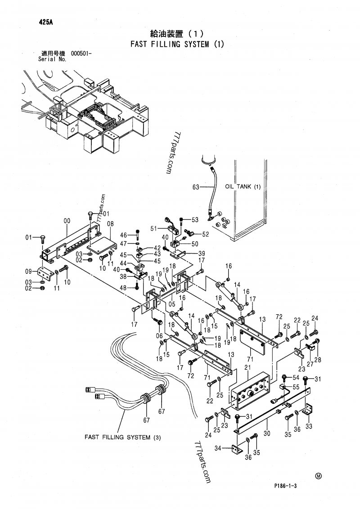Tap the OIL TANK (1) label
243,187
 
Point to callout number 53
195,220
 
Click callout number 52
206,234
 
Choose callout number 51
154,228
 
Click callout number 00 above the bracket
67,221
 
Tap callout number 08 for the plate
110,223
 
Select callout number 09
28,271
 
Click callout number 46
123,234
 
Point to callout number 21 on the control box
247,367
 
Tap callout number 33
309,427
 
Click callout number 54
296,377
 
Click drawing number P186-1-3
287,486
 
